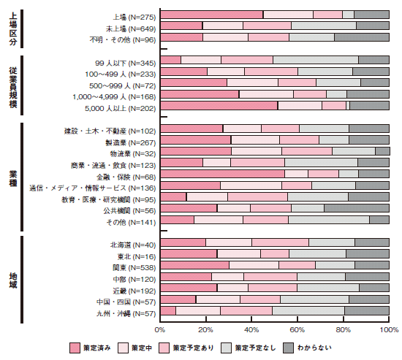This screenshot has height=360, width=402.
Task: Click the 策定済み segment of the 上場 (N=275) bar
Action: tap(212, 15)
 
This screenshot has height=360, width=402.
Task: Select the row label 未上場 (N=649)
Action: tap(131, 28)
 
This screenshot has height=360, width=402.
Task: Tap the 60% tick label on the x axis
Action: tap(297, 330)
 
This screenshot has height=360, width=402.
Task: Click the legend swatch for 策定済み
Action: tap(75, 348)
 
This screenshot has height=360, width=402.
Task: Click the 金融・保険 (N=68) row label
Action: tap(126, 177)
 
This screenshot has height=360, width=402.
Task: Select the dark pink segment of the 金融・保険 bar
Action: tap(222, 174)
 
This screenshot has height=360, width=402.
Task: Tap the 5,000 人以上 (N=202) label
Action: tap(121, 108)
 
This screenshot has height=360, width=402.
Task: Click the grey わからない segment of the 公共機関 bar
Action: tap(357, 208)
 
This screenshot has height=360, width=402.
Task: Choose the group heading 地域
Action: tap(13, 280)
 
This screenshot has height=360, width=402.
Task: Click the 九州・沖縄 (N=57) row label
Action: tap(126, 313)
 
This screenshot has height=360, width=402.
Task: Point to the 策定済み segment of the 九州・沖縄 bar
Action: tap(168, 310)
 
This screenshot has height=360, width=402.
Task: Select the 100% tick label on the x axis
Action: tap(389, 330)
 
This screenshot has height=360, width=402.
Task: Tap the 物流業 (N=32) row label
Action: tap(133, 154)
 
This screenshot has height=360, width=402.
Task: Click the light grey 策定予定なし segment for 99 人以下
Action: tap(316, 60)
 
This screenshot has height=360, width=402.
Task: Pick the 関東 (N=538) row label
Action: tap(134, 268)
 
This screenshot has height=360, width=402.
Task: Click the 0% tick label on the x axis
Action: tap(160, 330)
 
